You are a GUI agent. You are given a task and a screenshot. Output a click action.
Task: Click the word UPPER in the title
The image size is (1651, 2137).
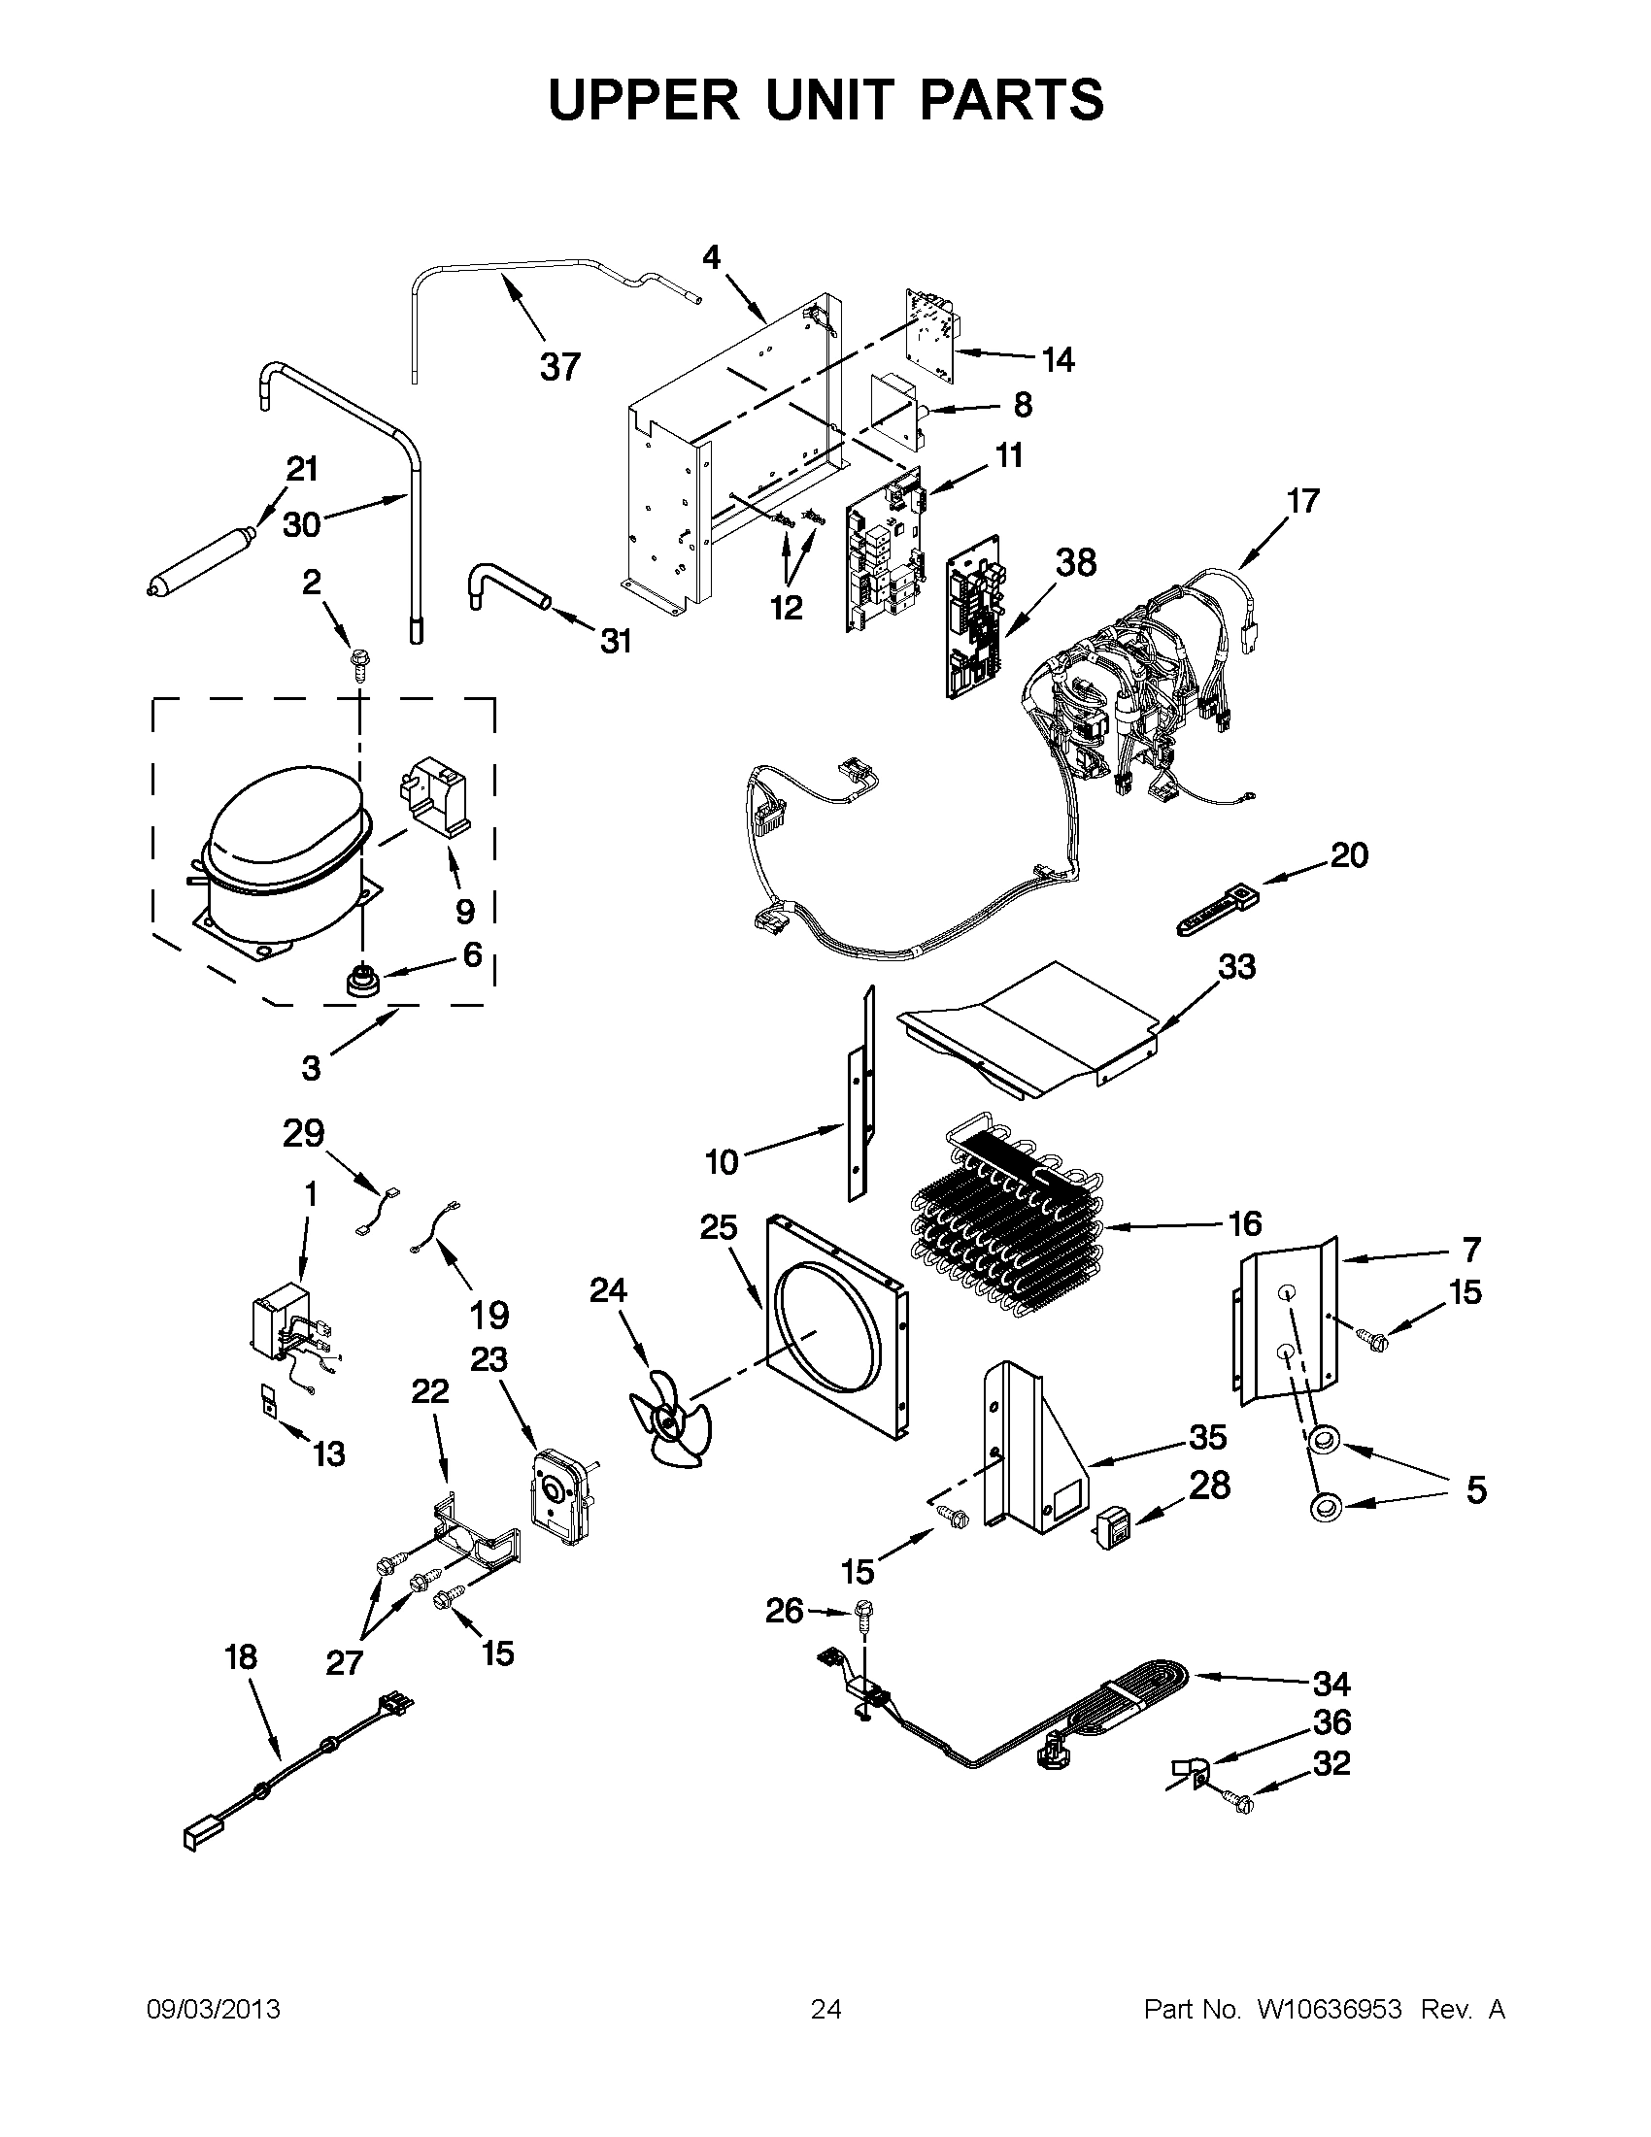pyautogui.click(x=644, y=101)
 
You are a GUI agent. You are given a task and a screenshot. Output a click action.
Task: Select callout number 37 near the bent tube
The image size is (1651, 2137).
pyautogui.click(x=559, y=367)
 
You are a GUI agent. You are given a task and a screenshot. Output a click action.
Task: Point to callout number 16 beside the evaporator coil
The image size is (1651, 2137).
pyautogui.click(x=1244, y=1223)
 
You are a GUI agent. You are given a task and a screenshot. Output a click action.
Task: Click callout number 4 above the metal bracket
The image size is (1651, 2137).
pyautogui.click(x=712, y=257)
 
